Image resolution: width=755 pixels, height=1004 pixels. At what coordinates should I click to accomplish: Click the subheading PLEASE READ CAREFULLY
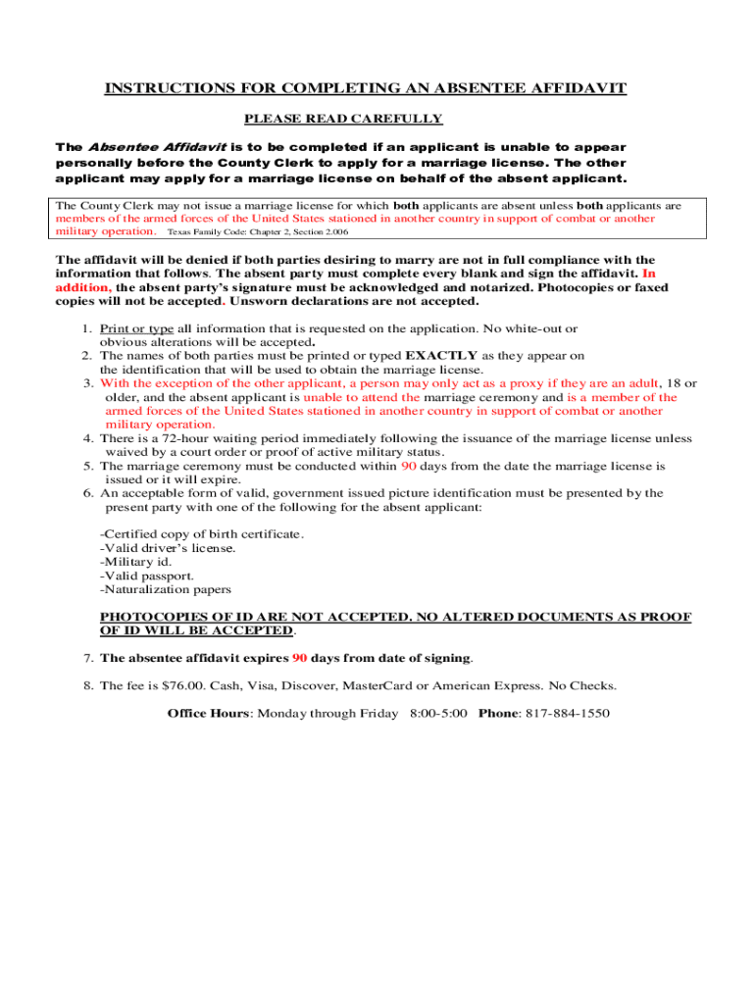pyautogui.click(x=343, y=119)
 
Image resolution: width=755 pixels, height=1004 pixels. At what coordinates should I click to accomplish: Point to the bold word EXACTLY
pyautogui.click(x=441, y=355)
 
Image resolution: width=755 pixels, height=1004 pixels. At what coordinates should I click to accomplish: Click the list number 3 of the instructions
pyautogui.click(x=88, y=383)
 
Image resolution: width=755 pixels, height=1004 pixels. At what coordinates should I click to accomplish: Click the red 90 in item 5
pyautogui.click(x=409, y=466)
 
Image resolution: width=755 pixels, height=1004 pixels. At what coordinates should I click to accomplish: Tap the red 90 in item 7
pyautogui.click(x=300, y=658)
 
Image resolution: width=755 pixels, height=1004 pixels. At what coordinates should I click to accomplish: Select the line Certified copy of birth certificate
pyautogui.click(x=202, y=533)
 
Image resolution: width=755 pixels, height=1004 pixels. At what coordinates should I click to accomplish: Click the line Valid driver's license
pyautogui.click(x=168, y=548)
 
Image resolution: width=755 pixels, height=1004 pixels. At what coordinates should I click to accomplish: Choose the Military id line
pyautogui.click(x=136, y=562)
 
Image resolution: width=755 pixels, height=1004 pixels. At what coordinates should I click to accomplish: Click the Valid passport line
pyautogui.click(x=147, y=576)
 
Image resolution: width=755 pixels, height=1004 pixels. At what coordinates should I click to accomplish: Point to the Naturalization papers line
pyautogui.click(x=166, y=589)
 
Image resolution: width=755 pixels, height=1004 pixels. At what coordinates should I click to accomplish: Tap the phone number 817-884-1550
pyautogui.click(x=571, y=713)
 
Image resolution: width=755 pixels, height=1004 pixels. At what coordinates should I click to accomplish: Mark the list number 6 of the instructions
pyautogui.click(x=88, y=493)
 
